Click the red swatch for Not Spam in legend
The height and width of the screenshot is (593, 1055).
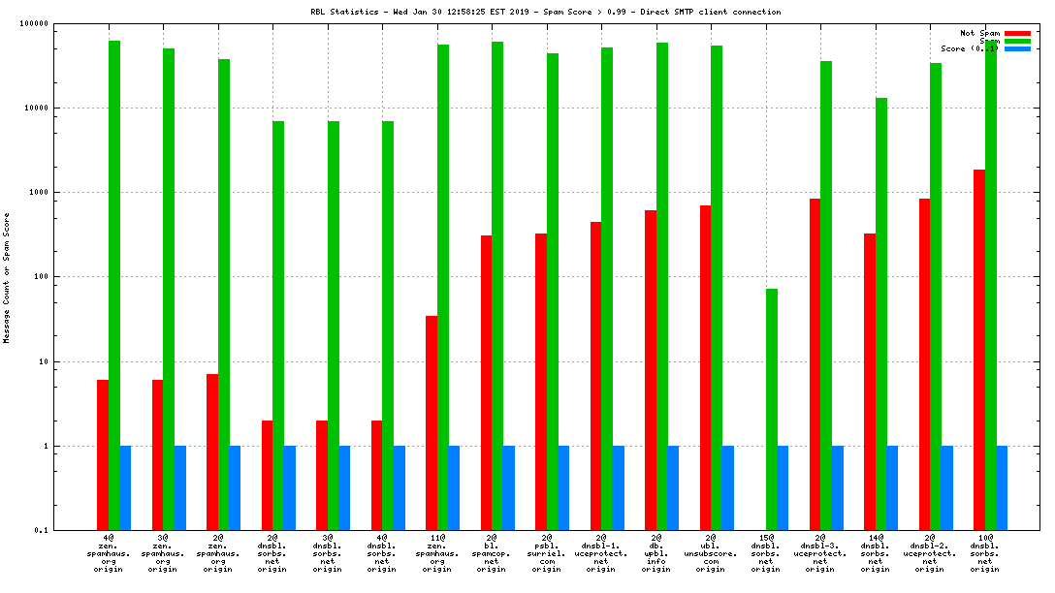pyautogui.click(x=1017, y=33)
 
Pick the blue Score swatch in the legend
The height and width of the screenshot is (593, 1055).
pyautogui.click(x=1017, y=48)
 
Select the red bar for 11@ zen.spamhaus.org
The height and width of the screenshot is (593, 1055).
pyautogui.click(x=432, y=422)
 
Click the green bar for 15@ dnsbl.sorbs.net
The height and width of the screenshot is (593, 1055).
pyautogui.click(x=772, y=409)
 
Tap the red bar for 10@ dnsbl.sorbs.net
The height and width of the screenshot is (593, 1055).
pyautogui.click(x=979, y=350)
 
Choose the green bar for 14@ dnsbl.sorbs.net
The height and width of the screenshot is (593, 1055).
pyautogui.click(x=881, y=314)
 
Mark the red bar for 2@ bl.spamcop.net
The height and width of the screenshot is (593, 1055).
pyautogui.click(x=486, y=383)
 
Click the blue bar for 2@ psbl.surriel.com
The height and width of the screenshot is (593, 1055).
pyautogui.click(x=563, y=487)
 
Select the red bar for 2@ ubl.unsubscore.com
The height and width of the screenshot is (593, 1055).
pyautogui.click(x=705, y=367)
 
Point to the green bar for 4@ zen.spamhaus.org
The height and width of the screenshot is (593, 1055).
pyautogui.click(x=114, y=285)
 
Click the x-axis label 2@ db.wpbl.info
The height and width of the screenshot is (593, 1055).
pyautogui.click(x=656, y=552)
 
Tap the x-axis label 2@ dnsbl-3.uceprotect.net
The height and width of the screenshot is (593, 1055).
pyautogui.click(x=820, y=552)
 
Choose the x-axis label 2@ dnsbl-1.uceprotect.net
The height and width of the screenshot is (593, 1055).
pyautogui.click(x=601, y=552)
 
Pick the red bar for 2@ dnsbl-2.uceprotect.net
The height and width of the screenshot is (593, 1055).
pyautogui.click(x=925, y=364)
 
